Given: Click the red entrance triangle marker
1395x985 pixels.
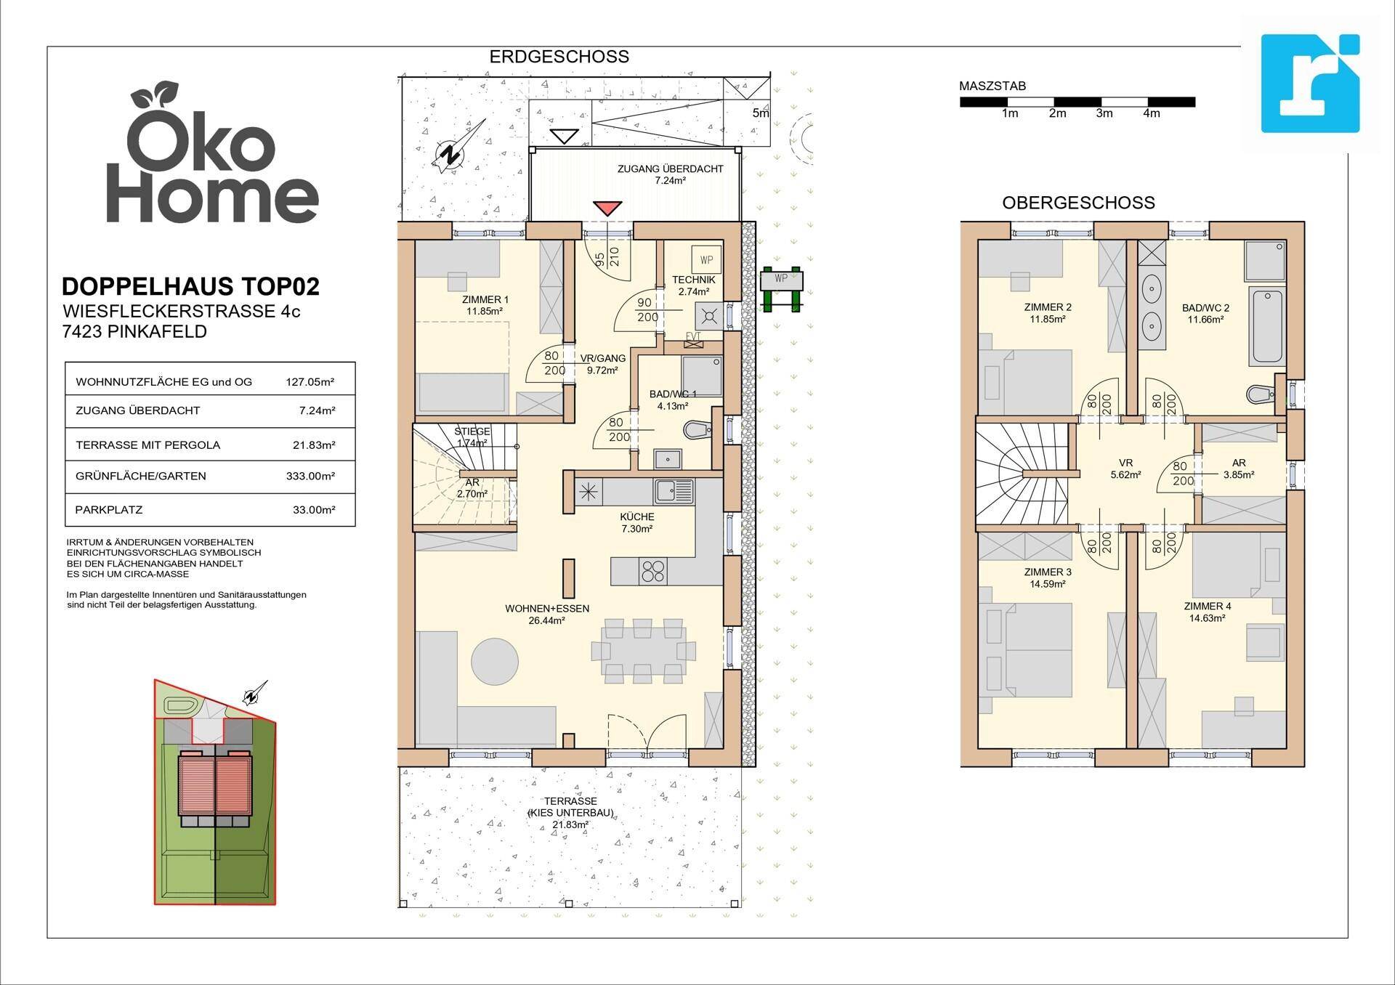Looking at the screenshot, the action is [607, 208].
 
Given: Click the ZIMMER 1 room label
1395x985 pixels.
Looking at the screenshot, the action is [485, 299].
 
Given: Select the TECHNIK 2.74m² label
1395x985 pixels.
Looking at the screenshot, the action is [693, 285].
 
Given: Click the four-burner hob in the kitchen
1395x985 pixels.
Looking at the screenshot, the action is [652, 571].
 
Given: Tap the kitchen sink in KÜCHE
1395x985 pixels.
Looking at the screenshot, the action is [674, 492].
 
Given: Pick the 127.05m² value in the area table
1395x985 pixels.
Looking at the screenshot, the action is [310, 381].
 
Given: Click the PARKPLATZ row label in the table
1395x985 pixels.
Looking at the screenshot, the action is [109, 510].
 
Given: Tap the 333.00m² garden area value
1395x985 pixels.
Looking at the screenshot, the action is [310, 477].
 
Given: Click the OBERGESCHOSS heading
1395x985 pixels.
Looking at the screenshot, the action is [1078, 203].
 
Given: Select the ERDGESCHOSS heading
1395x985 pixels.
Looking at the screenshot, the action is [559, 57].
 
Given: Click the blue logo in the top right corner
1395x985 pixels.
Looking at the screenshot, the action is [1310, 84].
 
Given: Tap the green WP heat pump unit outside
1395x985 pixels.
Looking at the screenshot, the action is [782, 287].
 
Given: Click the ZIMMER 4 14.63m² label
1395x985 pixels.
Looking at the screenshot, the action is [1208, 612].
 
